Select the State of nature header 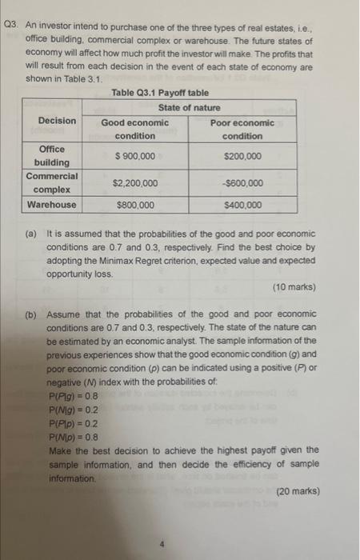tap(189, 107)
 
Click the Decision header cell tap(57, 121)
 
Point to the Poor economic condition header tap(242, 129)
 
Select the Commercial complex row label tap(51, 182)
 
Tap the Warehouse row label tap(51, 205)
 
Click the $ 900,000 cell tap(135, 156)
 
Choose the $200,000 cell tap(242, 156)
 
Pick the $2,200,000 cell tap(135, 183)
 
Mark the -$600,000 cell tap(242, 183)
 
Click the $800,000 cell tap(135, 205)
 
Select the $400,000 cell tap(242, 205)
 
